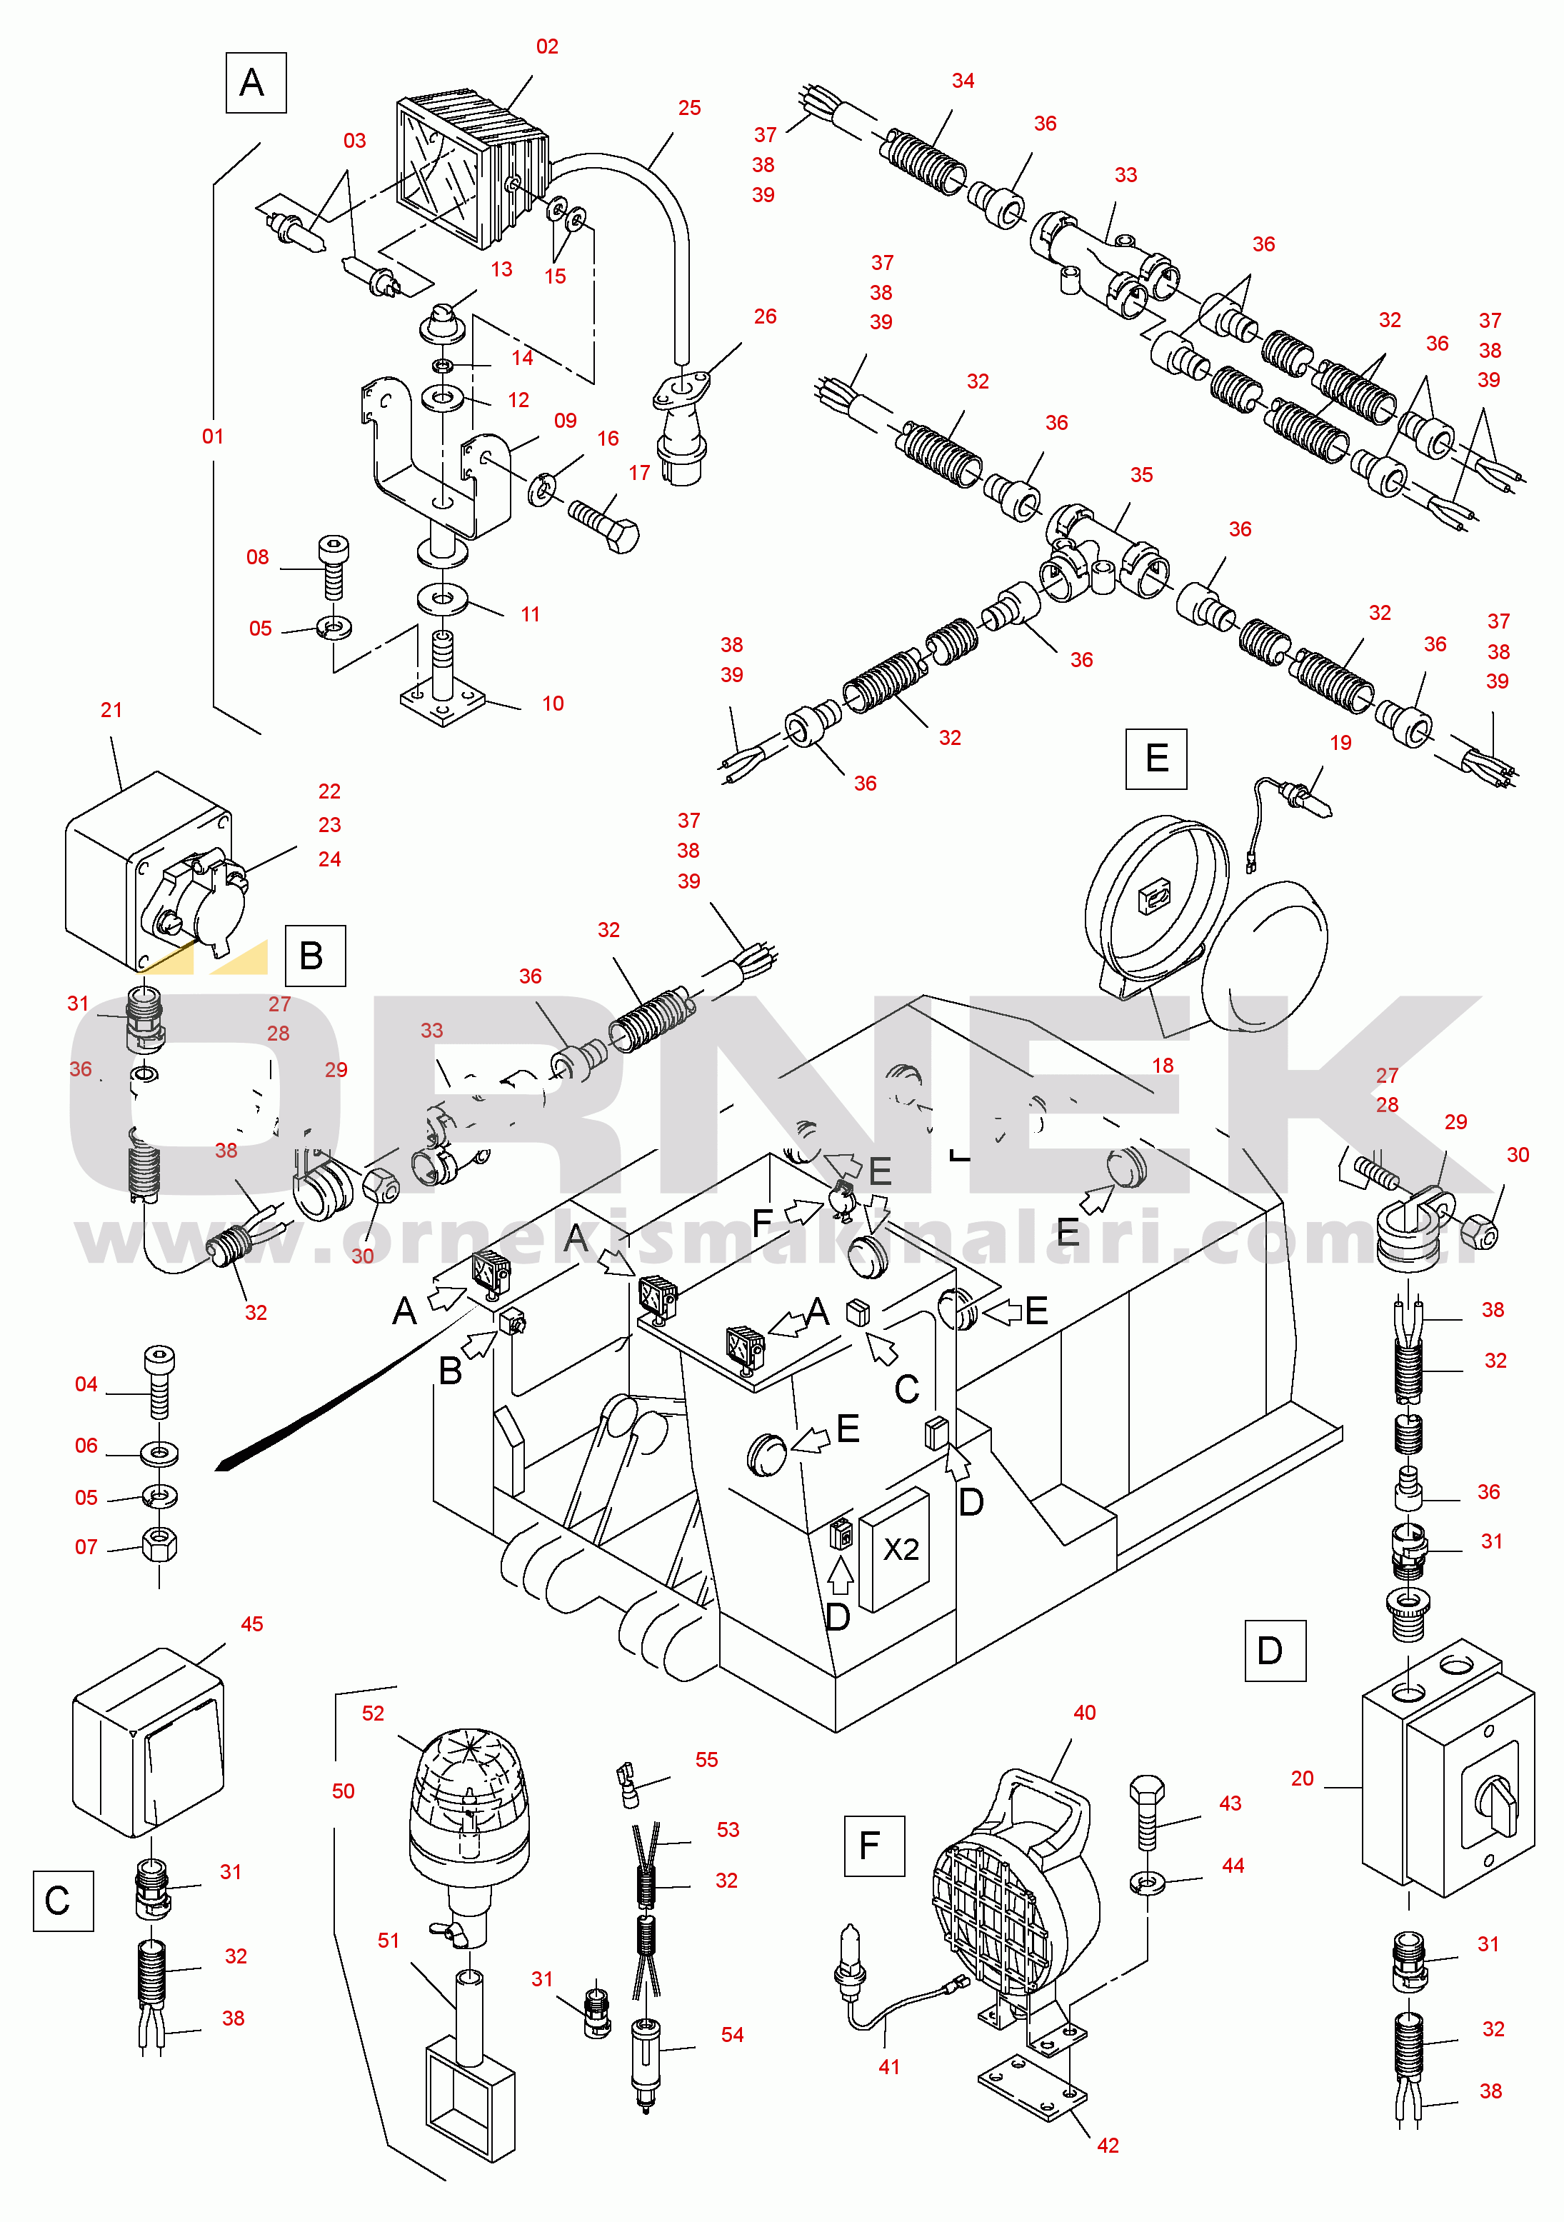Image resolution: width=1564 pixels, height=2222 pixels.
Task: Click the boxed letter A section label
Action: click(x=256, y=84)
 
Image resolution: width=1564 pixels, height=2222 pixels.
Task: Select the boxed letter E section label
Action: click(x=1156, y=759)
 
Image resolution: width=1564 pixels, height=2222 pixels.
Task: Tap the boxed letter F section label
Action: click(x=874, y=1846)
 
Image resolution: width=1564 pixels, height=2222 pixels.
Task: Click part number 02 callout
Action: click(x=547, y=46)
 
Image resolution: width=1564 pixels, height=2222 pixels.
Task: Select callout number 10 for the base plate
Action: click(x=553, y=704)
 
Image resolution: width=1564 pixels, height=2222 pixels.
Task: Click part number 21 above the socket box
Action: click(x=111, y=711)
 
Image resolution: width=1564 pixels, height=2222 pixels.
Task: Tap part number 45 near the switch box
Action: click(x=251, y=1624)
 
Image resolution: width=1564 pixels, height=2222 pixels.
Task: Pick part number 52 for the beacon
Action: click(x=373, y=1713)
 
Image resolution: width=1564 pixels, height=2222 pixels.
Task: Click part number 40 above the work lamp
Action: click(x=1084, y=1712)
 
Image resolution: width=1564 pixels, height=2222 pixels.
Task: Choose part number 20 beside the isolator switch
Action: click(x=1302, y=1778)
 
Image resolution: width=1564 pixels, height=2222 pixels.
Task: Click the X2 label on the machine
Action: click(x=901, y=1549)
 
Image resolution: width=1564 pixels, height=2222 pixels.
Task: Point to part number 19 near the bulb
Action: click(x=1340, y=742)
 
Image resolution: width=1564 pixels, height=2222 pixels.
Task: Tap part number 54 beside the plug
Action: click(x=732, y=2034)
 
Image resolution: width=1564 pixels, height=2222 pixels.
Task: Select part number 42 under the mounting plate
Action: click(x=1107, y=2146)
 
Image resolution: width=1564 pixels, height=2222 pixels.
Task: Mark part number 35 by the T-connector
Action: click(x=1141, y=475)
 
